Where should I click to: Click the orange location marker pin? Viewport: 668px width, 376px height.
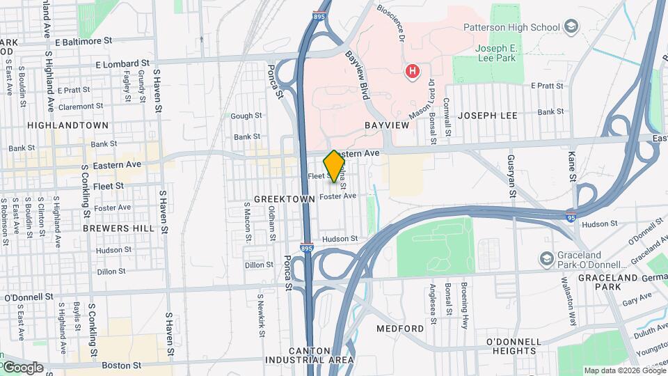pyautogui.click(x=334, y=166)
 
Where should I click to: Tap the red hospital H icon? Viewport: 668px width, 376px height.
pyautogui.click(x=413, y=71)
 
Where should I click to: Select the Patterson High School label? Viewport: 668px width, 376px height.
pyautogui.click(x=511, y=28)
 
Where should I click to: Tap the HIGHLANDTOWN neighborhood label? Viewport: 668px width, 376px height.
pyautogui.click(x=67, y=125)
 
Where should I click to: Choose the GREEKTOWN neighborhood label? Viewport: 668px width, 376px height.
pyautogui.click(x=280, y=198)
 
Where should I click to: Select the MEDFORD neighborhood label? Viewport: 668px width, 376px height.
pyautogui.click(x=400, y=328)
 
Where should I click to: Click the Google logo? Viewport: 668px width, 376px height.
pyautogui.click(x=22, y=367)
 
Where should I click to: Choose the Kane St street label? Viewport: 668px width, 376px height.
pyautogui.click(x=572, y=168)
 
